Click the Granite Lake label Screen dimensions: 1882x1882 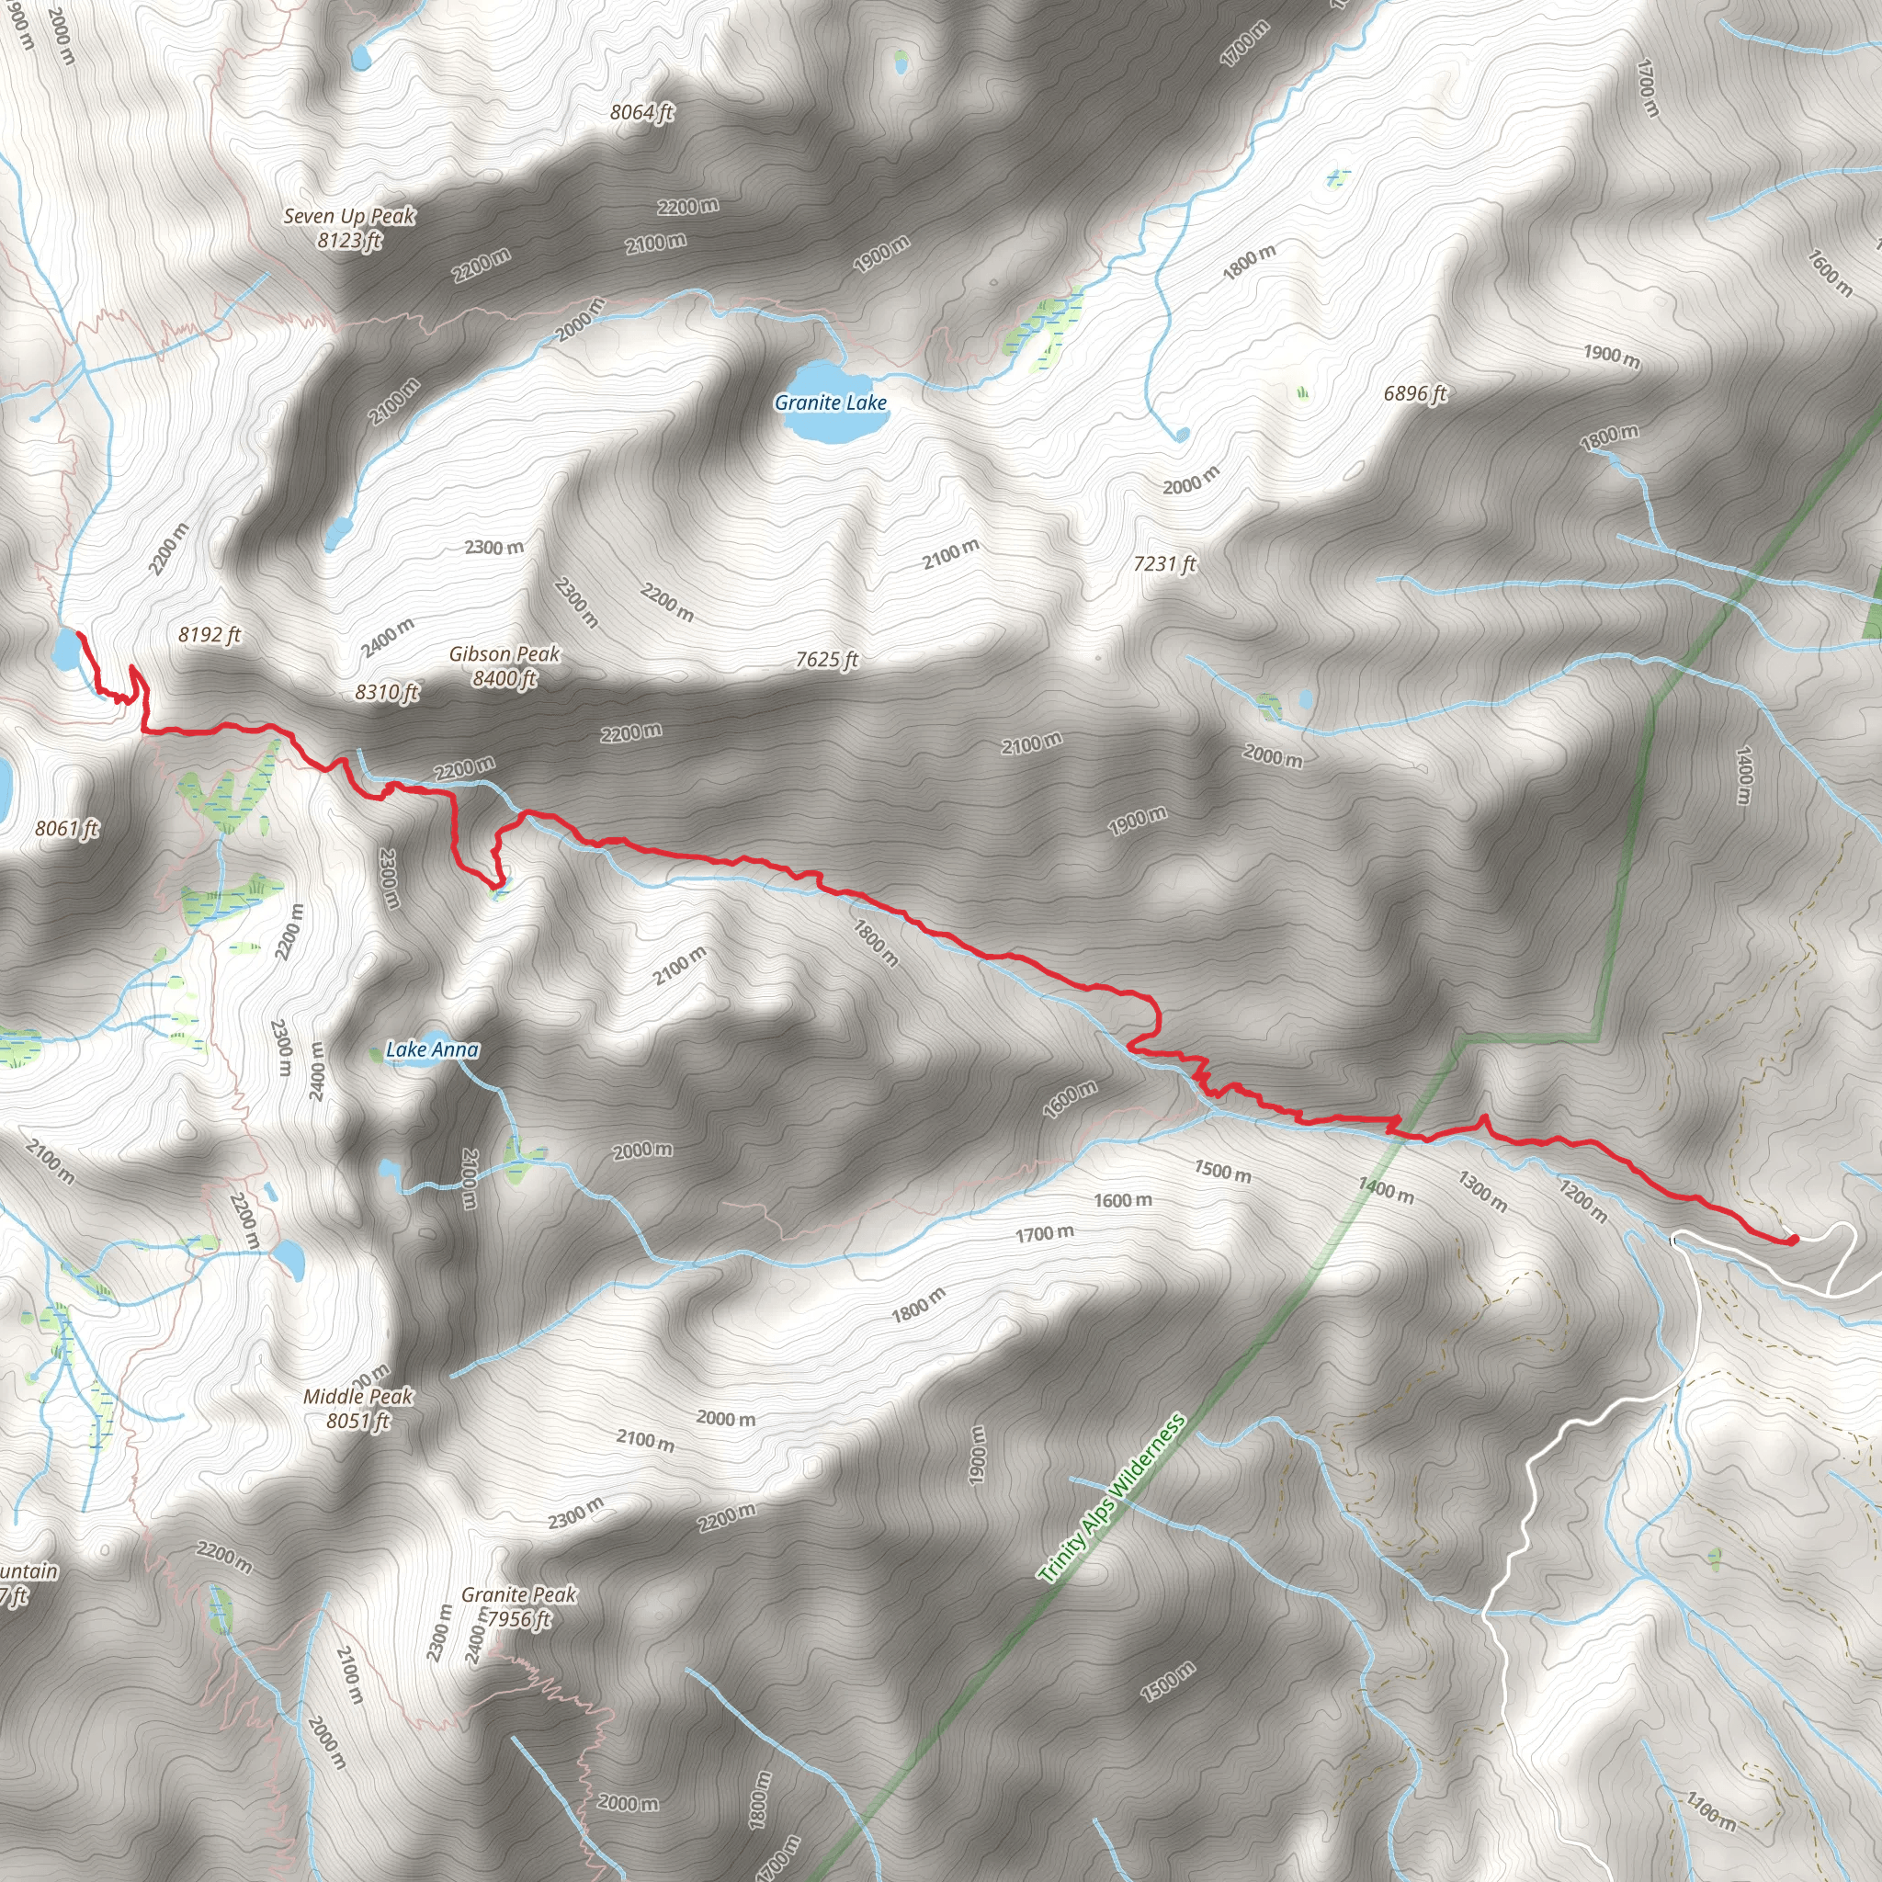(830, 402)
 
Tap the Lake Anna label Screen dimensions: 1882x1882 (432, 1049)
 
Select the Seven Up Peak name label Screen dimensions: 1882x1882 (348, 216)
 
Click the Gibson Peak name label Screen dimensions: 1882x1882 (504, 654)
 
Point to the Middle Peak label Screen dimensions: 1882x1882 (357, 1396)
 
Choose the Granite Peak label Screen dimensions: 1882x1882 (518, 1594)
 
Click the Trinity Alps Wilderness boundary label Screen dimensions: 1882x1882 (1112, 1497)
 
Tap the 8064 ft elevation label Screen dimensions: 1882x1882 (642, 112)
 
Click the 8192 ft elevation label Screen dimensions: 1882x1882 (210, 635)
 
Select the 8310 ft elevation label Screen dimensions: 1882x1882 (387, 693)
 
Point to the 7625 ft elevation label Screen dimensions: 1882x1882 (826, 660)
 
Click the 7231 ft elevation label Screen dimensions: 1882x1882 (1164, 564)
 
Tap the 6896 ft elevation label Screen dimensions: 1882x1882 (1414, 393)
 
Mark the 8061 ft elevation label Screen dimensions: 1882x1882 (66, 829)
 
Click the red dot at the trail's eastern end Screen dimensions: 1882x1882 (1792, 1240)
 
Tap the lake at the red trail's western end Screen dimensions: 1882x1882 (66, 650)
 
